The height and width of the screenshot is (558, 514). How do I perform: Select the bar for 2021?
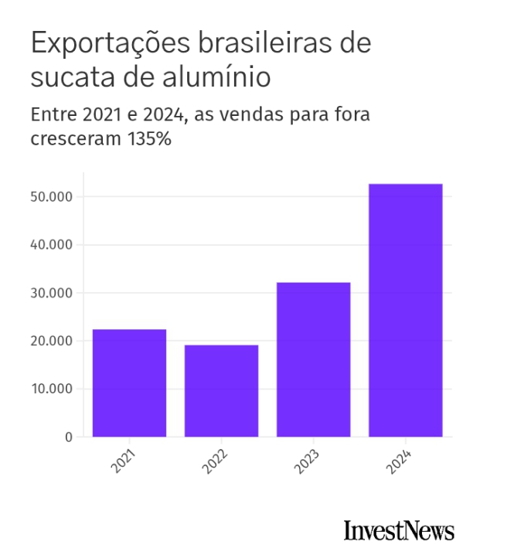129,383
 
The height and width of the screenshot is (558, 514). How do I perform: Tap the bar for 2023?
313,359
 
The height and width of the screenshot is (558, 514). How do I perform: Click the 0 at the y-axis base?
68,437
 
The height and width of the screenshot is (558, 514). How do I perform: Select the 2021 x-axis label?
121,461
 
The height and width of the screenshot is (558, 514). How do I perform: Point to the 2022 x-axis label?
213,461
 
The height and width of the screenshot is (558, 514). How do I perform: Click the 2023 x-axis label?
305,461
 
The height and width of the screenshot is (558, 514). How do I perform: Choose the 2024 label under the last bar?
398,461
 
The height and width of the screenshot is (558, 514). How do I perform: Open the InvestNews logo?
399,531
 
